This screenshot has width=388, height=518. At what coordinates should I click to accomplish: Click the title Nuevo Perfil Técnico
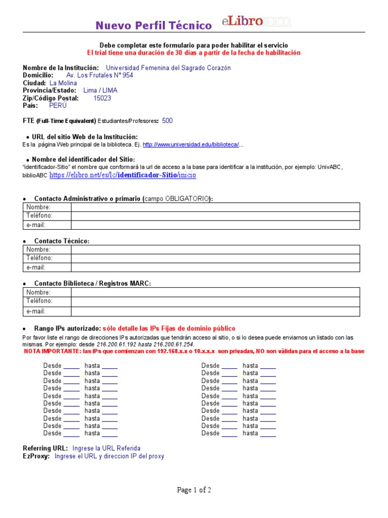(x=154, y=25)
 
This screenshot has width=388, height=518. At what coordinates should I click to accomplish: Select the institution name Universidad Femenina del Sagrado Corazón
(x=168, y=68)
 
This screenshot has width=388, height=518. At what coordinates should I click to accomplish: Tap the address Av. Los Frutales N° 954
(x=100, y=75)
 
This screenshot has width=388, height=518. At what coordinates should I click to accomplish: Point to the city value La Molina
(x=63, y=83)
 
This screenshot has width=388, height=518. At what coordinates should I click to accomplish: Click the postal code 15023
(x=102, y=98)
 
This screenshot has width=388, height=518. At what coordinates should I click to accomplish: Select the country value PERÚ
(x=58, y=106)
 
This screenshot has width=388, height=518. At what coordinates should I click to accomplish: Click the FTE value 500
(x=167, y=121)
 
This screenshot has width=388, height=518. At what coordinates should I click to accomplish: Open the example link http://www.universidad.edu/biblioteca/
(x=190, y=145)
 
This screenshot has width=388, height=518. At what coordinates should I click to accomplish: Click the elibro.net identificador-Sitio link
(x=122, y=175)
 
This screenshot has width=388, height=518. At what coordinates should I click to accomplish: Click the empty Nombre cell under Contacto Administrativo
(x=215, y=207)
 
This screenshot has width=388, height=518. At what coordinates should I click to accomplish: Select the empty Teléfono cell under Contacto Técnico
(x=215, y=258)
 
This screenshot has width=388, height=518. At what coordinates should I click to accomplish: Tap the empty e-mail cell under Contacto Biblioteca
(x=215, y=312)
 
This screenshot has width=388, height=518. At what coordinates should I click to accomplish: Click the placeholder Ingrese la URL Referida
(x=107, y=448)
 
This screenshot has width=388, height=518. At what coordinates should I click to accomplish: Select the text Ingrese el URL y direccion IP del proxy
(x=109, y=456)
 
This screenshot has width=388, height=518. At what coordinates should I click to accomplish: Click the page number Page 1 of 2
(x=194, y=490)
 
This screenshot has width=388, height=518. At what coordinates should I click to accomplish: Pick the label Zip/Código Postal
(x=51, y=98)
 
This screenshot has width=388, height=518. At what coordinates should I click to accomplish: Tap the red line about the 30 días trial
(x=194, y=53)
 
